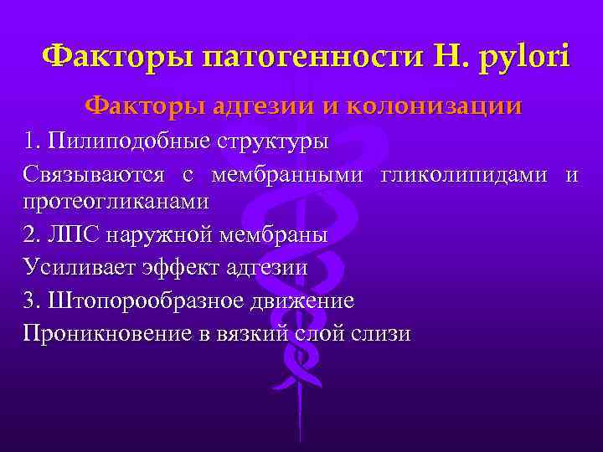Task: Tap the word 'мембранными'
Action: (x=288, y=175)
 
